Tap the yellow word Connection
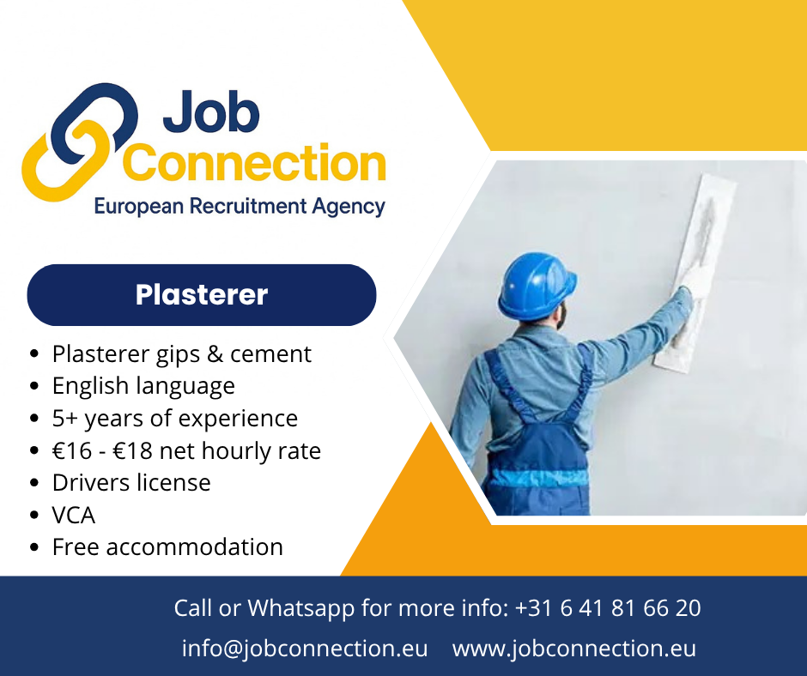254,162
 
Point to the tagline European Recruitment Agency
240,206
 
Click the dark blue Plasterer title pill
202,295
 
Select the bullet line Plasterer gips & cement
182,354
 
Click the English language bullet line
143,386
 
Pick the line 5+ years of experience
175,419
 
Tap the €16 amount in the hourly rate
72,451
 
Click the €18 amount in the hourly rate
133,451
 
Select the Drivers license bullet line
131,483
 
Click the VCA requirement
74,516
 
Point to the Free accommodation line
167,547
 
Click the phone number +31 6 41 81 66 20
608,608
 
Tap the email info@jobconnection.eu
305,649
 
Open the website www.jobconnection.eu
573,649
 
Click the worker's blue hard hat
537,285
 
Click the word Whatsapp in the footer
301,608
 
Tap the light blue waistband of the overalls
538,478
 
